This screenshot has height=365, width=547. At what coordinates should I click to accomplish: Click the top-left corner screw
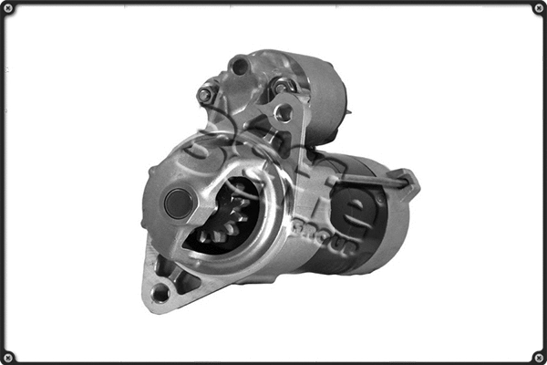click(x=8, y=8)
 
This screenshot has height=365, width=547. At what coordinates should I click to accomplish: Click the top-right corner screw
click(x=538, y=8)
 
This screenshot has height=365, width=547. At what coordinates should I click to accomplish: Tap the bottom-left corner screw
click(x=8, y=356)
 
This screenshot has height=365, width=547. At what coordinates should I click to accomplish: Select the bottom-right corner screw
click(x=538, y=356)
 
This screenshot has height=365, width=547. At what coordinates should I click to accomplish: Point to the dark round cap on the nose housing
click(x=179, y=203)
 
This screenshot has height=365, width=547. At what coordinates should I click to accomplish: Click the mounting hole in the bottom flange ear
click(x=160, y=292)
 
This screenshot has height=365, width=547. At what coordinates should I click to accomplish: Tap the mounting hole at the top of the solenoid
click(x=240, y=66)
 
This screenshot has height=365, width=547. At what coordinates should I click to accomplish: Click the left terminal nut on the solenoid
click(x=206, y=93)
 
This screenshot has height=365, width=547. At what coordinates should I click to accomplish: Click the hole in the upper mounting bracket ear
click(x=284, y=113)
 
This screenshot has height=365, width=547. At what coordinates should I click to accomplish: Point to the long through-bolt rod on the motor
click(x=365, y=182)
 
